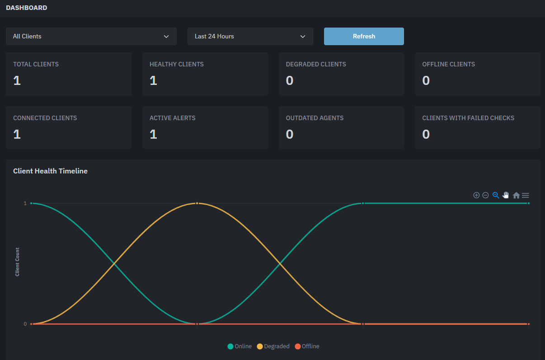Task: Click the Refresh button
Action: tap(364, 36)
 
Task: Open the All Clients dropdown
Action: tap(91, 36)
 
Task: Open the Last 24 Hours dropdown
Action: tap(250, 36)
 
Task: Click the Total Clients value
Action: tap(17, 81)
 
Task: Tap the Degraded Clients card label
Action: tap(316, 64)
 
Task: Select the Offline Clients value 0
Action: tap(426, 81)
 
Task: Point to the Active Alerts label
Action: tap(173, 118)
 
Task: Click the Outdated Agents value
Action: tap(290, 135)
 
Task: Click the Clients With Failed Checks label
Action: tap(468, 118)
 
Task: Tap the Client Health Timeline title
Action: tap(50, 171)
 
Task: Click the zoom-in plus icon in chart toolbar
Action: tap(476, 195)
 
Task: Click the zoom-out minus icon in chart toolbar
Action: tap(485, 195)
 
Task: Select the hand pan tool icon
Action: tap(506, 195)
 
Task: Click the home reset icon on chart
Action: tap(516, 195)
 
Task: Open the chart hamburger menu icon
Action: tap(525, 195)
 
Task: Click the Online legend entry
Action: tap(240, 346)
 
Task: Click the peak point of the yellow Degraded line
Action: tap(197, 203)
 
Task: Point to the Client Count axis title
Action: tap(17, 262)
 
